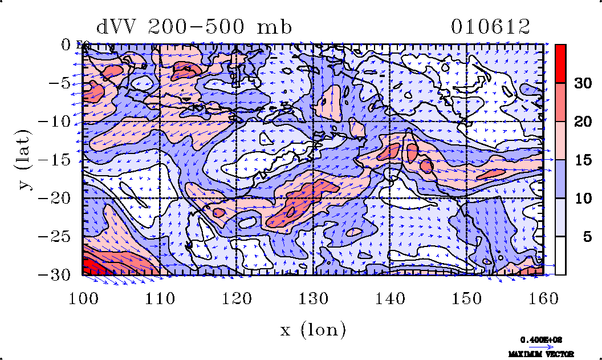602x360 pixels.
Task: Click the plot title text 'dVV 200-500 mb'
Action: pyautogui.click(x=194, y=27)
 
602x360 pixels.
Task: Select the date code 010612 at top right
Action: pyautogui.click(x=491, y=27)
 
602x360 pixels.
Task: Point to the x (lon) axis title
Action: pyautogui.click(x=313, y=329)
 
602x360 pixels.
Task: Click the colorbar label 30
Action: pyautogui.click(x=583, y=83)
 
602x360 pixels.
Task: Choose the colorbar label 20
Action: pyautogui.click(x=583, y=122)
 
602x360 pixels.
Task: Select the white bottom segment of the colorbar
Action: pyautogui.click(x=561, y=256)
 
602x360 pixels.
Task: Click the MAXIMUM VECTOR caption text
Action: pyautogui.click(x=541, y=354)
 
